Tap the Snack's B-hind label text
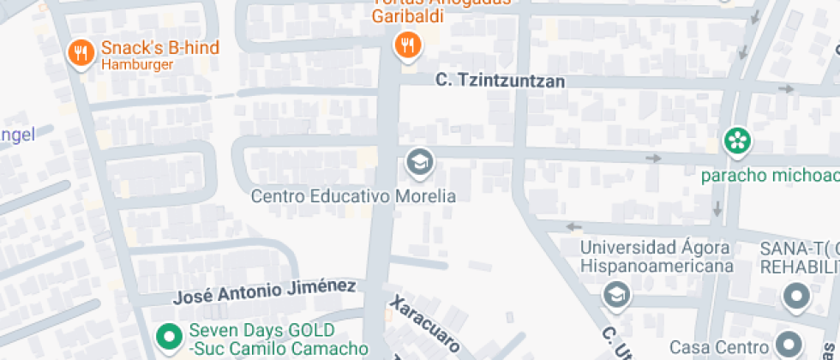click(x=159, y=48)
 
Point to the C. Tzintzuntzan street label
click(x=500, y=81)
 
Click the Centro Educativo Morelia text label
click(x=353, y=196)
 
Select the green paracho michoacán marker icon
click(x=737, y=140)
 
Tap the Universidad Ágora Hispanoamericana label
click(x=657, y=256)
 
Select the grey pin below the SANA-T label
click(x=797, y=298)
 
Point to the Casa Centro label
click(x=717, y=347)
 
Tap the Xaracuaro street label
click(x=424, y=325)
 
